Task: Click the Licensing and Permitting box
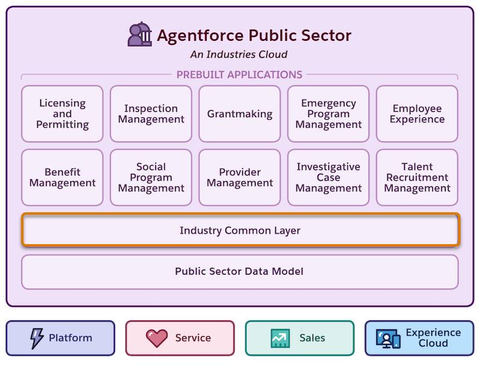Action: click(63, 114)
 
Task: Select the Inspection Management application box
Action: click(151, 114)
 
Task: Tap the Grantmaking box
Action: click(239, 114)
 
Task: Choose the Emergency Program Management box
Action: click(328, 114)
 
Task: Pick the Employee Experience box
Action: click(417, 114)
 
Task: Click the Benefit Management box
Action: click(63, 177)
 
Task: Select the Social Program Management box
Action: click(151, 177)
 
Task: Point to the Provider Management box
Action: click(239, 177)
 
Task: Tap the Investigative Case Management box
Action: click(328, 177)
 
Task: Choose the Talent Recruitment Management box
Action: click(417, 177)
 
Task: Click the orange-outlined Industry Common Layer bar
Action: click(240, 230)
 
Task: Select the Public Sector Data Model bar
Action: click(240, 272)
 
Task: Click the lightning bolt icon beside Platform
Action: click(37, 338)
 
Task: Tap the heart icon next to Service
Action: click(157, 339)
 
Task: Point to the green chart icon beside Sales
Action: click(280, 338)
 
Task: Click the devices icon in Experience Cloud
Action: click(388, 339)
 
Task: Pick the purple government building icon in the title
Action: click(140, 34)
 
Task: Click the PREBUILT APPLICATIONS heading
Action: click(239, 75)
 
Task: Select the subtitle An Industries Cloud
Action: click(239, 54)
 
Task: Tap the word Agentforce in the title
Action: click(200, 35)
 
